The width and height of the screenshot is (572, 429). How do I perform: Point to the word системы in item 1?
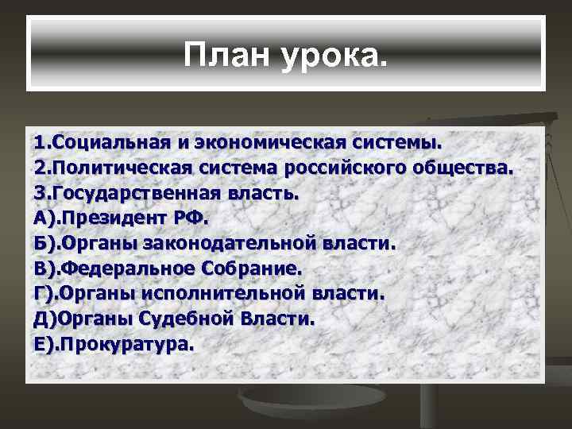point(397,144)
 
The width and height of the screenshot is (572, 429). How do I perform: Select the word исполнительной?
point(220,293)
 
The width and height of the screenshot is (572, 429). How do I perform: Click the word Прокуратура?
point(126,344)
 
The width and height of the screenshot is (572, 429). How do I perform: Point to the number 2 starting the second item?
point(40,168)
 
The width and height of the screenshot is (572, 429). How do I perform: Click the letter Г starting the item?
point(40,293)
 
